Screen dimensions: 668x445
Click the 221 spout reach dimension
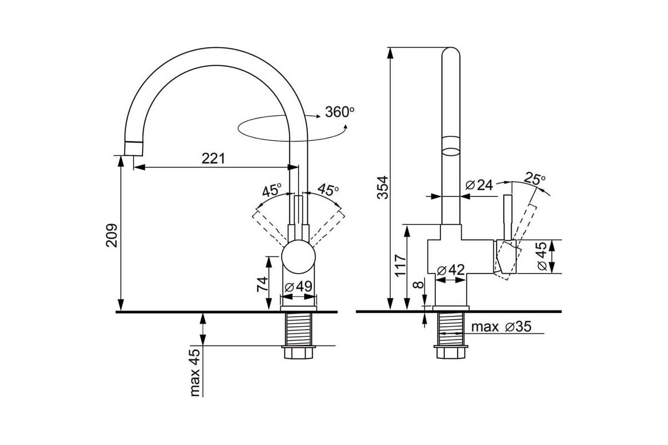[x=213, y=159]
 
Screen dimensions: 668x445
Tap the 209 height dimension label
[x=112, y=235]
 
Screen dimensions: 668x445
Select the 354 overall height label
[x=382, y=187]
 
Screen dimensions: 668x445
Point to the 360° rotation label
[x=340, y=112]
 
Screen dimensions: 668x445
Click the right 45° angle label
[x=328, y=189]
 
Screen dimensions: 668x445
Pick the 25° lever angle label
[x=535, y=179]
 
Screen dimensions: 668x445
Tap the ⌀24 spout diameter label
[x=479, y=185]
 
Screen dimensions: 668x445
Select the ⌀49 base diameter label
[x=298, y=286]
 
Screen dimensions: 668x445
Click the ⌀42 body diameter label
[x=450, y=270]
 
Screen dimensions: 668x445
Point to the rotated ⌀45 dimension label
[x=542, y=256]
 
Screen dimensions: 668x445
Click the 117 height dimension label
[x=400, y=265]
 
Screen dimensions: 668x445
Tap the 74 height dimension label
[x=262, y=284]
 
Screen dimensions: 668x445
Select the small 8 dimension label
[x=419, y=285]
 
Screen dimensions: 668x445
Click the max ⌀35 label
[x=502, y=327]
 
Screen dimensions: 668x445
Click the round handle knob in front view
[x=298, y=256]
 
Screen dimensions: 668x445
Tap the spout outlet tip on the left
[x=133, y=149]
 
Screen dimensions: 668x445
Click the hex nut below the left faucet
[x=298, y=352]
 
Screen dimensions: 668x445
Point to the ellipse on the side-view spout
[x=451, y=151]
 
